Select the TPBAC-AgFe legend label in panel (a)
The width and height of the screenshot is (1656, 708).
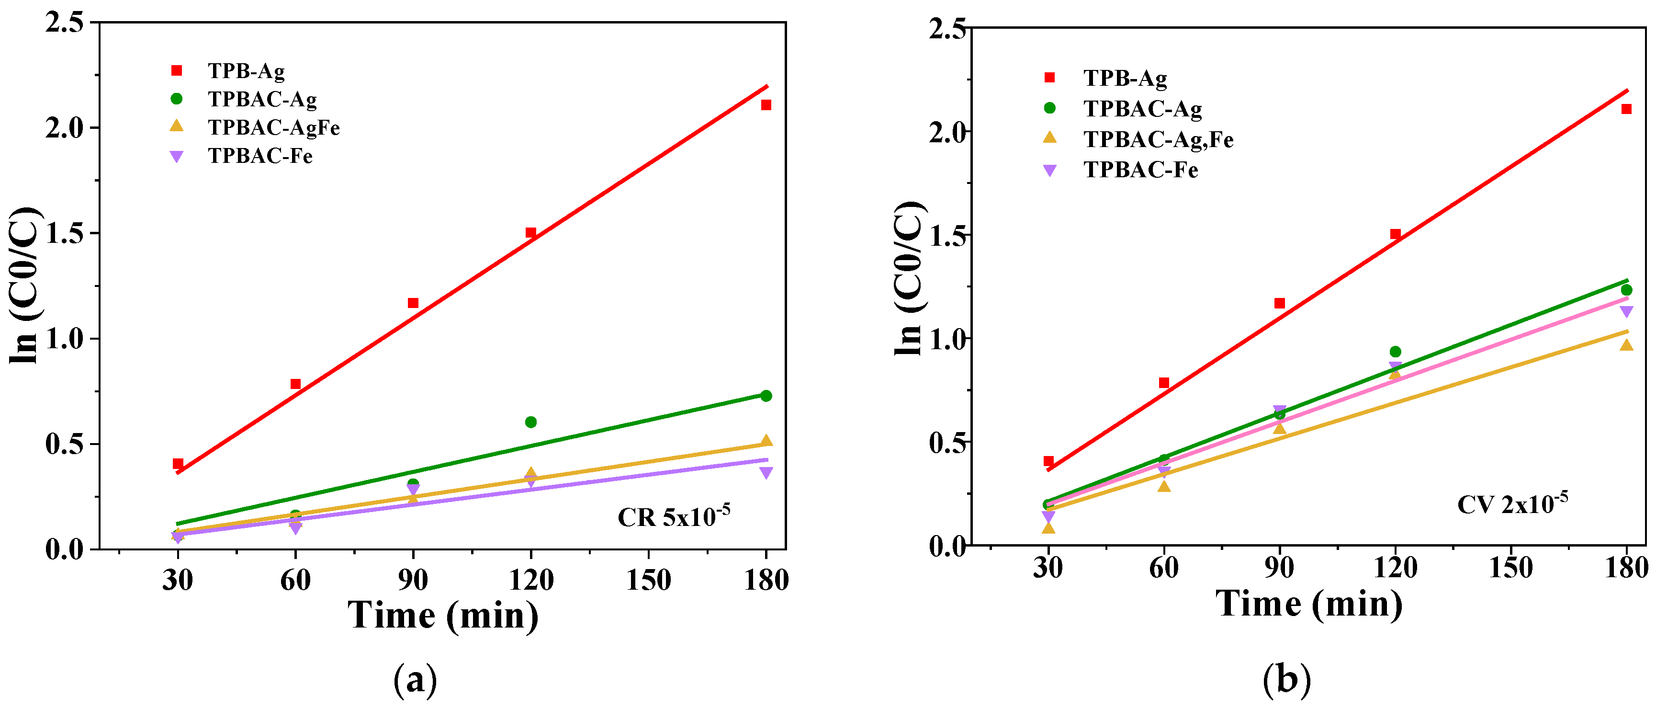tap(273, 127)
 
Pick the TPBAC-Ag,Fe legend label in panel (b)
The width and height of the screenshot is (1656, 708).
tap(1158, 139)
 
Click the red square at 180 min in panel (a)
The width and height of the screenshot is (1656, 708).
tap(766, 105)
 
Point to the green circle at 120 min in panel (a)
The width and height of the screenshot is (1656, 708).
tap(530, 422)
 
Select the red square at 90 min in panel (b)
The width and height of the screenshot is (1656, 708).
tap(1279, 303)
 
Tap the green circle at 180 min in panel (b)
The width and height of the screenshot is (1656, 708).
tap(1626, 290)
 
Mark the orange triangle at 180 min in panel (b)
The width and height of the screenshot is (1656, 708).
tap(1626, 345)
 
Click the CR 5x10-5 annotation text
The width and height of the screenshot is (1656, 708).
tap(673, 516)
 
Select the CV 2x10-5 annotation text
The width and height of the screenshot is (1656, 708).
tap(1512, 503)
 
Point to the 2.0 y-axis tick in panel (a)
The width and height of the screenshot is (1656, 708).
tap(64, 128)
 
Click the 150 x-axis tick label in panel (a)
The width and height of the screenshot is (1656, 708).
tap(648, 580)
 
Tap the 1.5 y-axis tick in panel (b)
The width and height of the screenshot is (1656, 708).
tap(947, 235)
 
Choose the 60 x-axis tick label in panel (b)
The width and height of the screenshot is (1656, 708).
tap(1163, 567)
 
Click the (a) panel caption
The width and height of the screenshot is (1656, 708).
tap(415, 679)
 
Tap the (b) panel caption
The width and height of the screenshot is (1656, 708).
tap(1286, 679)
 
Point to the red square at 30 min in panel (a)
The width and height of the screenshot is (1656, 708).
tap(178, 464)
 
